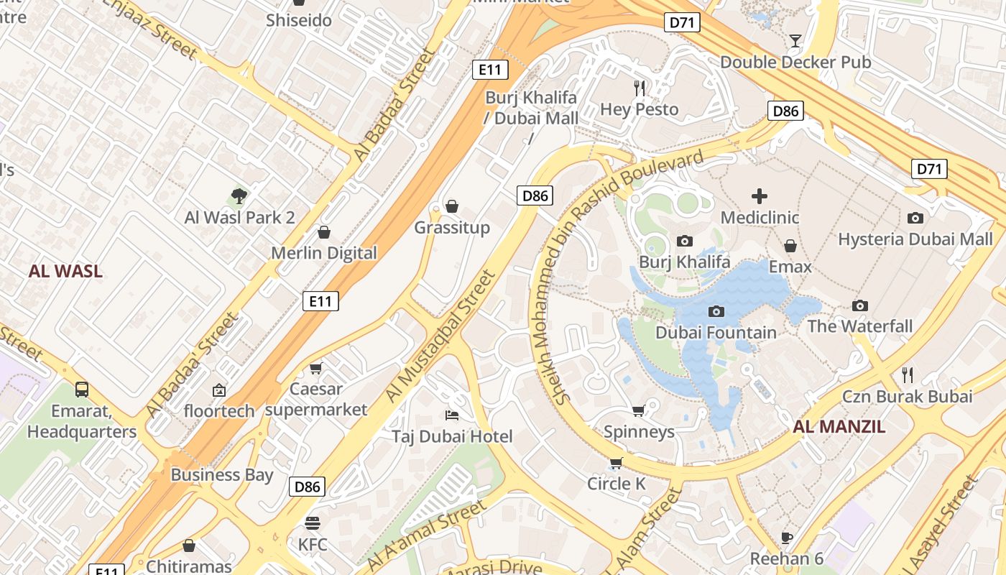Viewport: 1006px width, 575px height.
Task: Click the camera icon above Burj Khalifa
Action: click(685, 241)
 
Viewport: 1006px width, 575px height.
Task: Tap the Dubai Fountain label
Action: click(716, 333)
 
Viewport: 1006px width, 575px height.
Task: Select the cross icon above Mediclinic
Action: click(760, 195)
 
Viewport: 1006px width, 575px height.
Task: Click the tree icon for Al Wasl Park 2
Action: click(239, 195)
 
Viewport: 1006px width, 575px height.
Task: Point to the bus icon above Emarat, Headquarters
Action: click(82, 390)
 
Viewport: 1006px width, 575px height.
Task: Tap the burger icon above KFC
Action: click(312, 523)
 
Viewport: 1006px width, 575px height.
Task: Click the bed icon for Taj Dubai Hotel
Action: click(452, 415)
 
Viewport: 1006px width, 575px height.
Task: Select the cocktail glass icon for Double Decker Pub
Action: click(795, 40)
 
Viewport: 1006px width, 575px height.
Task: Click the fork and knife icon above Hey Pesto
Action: click(639, 88)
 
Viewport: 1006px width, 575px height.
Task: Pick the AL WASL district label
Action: click(65, 272)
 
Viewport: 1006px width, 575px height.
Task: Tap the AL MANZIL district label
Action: click(839, 427)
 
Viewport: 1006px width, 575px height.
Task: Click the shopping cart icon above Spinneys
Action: click(638, 410)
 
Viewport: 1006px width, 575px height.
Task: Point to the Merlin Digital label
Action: click(323, 253)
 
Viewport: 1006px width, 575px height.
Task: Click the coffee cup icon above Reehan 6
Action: click(787, 538)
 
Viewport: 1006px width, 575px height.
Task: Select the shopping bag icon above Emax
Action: click(790, 246)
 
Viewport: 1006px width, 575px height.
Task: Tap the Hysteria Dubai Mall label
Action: click(915, 239)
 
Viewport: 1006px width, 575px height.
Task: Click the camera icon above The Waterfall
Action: click(859, 305)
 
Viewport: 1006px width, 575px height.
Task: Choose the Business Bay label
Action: click(222, 475)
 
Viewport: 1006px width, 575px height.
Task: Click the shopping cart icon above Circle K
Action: click(616, 463)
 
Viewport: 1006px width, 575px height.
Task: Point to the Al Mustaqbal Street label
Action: click(440, 336)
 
